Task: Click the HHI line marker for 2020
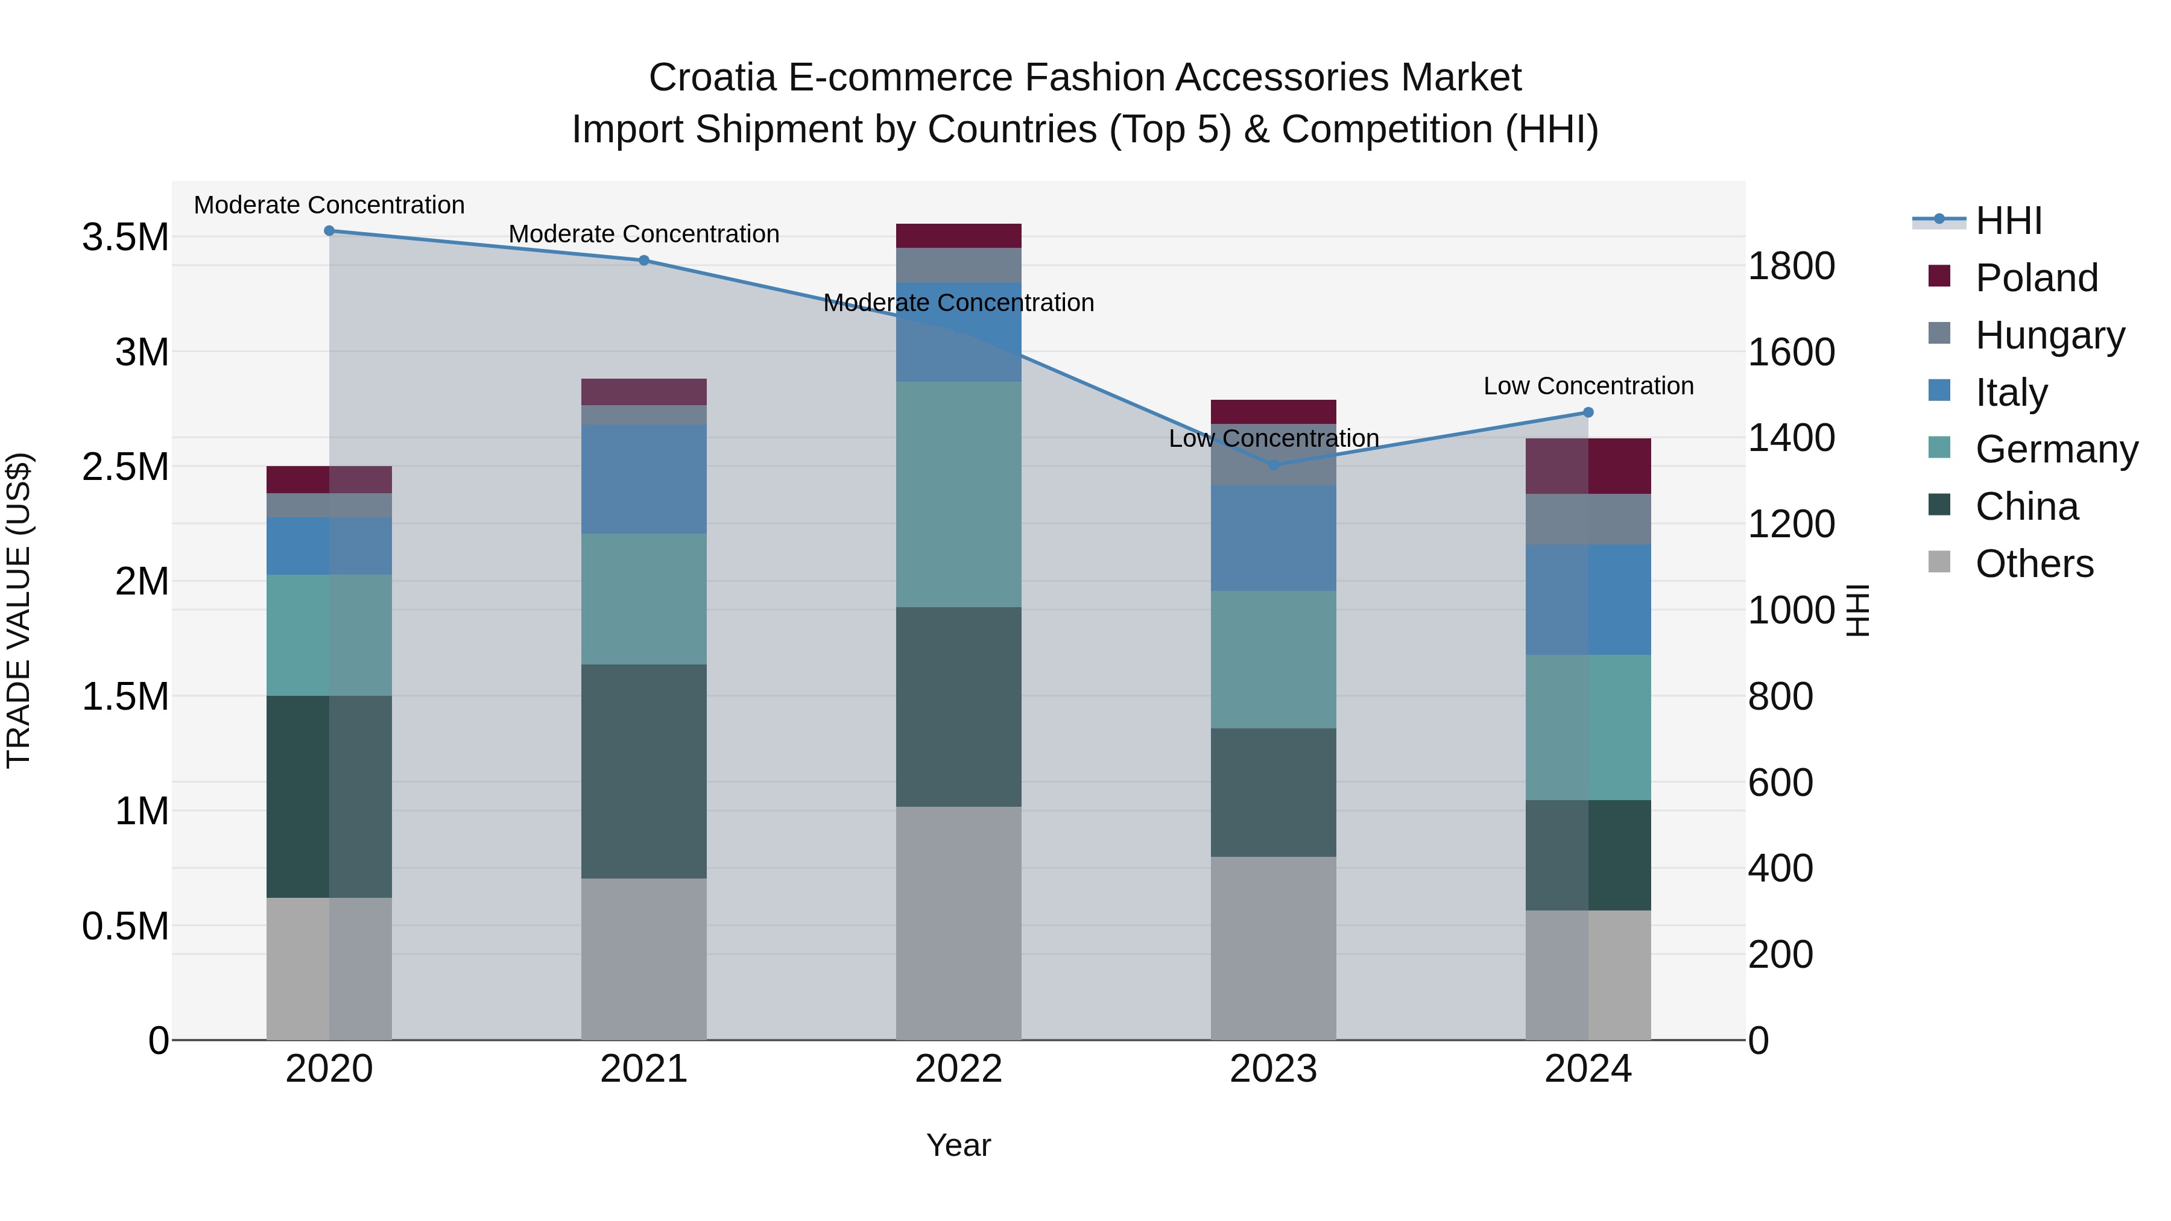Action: [329, 231]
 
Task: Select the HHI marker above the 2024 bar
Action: [1588, 412]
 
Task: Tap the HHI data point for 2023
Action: [1274, 465]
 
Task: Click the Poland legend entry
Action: [2035, 278]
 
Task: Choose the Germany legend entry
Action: [2056, 449]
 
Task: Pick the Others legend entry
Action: [2033, 564]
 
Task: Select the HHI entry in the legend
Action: [2008, 221]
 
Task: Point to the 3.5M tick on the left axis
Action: [125, 238]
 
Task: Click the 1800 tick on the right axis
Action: [1791, 267]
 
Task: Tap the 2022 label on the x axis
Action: [958, 1069]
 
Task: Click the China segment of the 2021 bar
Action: [644, 771]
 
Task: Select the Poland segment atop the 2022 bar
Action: [958, 236]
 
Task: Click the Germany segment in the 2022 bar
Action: [958, 494]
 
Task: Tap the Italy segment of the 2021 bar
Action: [644, 479]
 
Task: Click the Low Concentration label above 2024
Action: [1588, 386]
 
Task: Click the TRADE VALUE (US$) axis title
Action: [19, 610]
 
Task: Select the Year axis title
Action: [958, 1145]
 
